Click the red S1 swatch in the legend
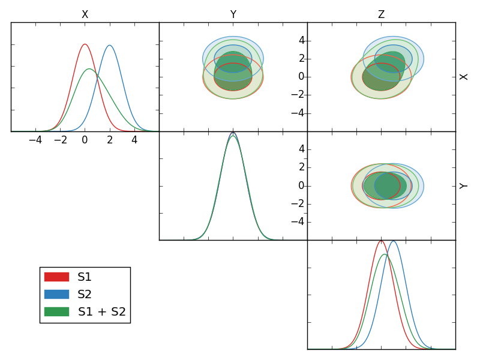click(56, 277)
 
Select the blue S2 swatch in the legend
click(56, 294)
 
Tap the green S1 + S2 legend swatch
click(56, 311)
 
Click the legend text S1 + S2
click(102, 311)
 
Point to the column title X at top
click(85, 14)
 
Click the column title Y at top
click(233, 14)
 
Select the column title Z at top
click(381, 14)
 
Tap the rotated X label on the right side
click(464, 77)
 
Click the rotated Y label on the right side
click(464, 185)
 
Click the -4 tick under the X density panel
click(35, 140)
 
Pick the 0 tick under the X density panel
click(85, 140)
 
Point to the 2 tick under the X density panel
click(110, 140)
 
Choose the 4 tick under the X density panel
click(134, 140)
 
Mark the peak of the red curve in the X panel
click(85, 44)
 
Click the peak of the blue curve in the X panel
click(109, 45)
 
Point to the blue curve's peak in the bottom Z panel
click(393, 241)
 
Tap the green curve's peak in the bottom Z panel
click(385, 254)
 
